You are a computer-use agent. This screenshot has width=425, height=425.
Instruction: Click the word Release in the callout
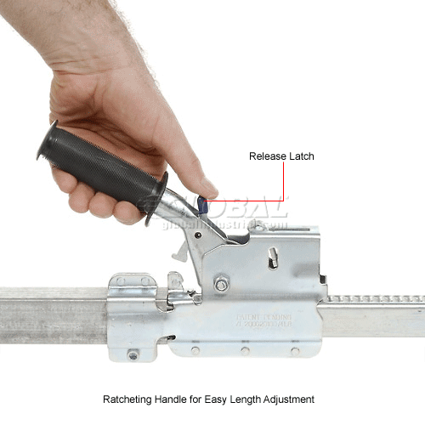pyautogui.click(x=263, y=156)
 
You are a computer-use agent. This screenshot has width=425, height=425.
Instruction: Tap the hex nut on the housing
pyautogui.click(x=222, y=285)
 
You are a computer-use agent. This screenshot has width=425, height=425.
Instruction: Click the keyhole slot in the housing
pyautogui.click(x=271, y=255)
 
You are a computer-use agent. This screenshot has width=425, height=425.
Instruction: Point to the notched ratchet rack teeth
pyautogui.click(x=374, y=299)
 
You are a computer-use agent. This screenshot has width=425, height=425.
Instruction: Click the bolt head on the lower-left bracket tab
pyautogui.click(x=132, y=355)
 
